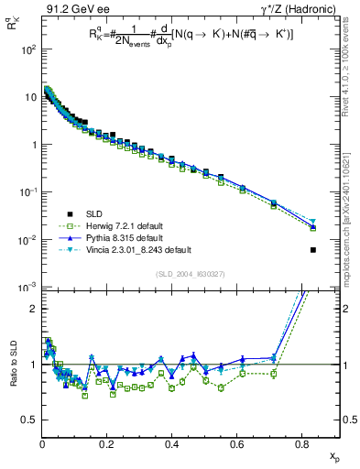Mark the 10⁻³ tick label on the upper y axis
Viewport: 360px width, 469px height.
(26, 288)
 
